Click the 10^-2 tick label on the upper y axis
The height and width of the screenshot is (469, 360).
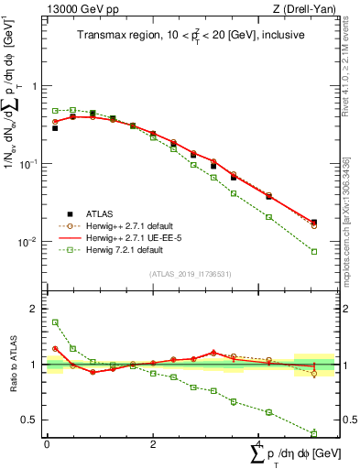(x=27, y=243)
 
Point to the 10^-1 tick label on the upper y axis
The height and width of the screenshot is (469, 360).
(x=27, y=164)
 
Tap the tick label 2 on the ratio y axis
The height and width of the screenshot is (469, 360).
(x=31, y=309)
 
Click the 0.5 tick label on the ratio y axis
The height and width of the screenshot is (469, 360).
(x=27, y=420)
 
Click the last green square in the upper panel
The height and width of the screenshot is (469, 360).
(x=314, y=251)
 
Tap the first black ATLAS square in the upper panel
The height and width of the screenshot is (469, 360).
(x=55, y=128)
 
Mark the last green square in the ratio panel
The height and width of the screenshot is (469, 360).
(x=314, y=432)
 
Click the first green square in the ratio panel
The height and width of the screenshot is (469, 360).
(x=55, y=322)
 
